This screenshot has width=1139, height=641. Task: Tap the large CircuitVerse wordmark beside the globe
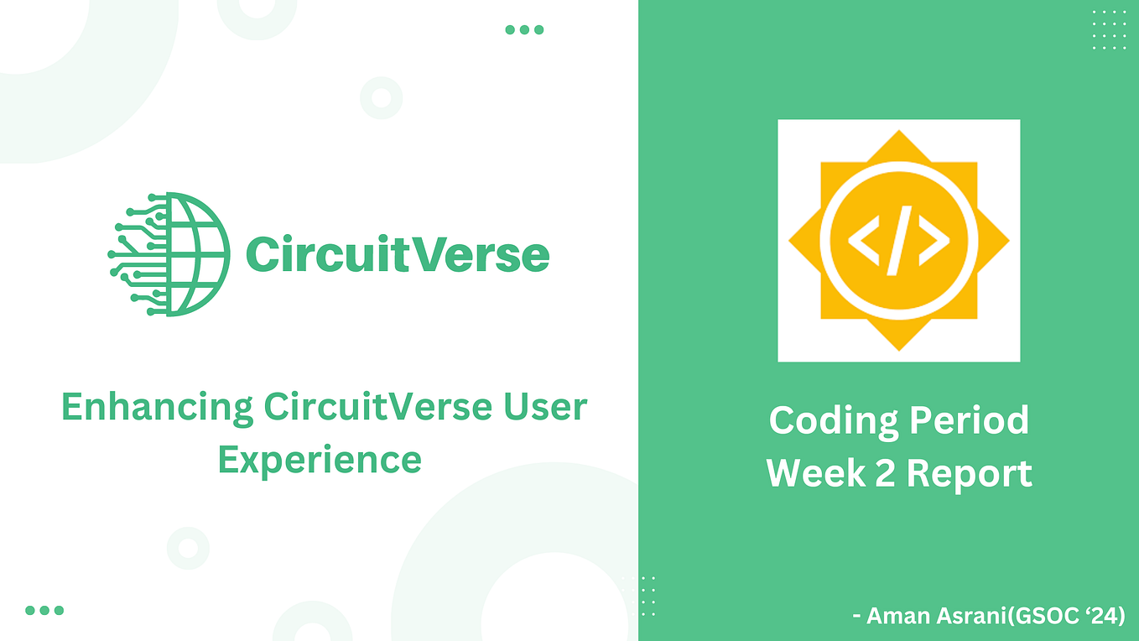tap(397, 254)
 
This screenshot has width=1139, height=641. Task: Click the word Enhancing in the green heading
tap(158, 408)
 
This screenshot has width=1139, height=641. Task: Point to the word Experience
tap(320, 460)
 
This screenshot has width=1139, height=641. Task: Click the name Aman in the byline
tap(896, 617)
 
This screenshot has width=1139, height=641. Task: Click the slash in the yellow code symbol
tap(898, 242)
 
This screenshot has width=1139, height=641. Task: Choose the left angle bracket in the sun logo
tap(864, 241)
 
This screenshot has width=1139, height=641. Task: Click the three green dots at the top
tap(524, 30)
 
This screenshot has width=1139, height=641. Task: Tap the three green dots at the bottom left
tap(44, 611)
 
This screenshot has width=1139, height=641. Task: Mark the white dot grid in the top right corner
tap(1109, 30)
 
